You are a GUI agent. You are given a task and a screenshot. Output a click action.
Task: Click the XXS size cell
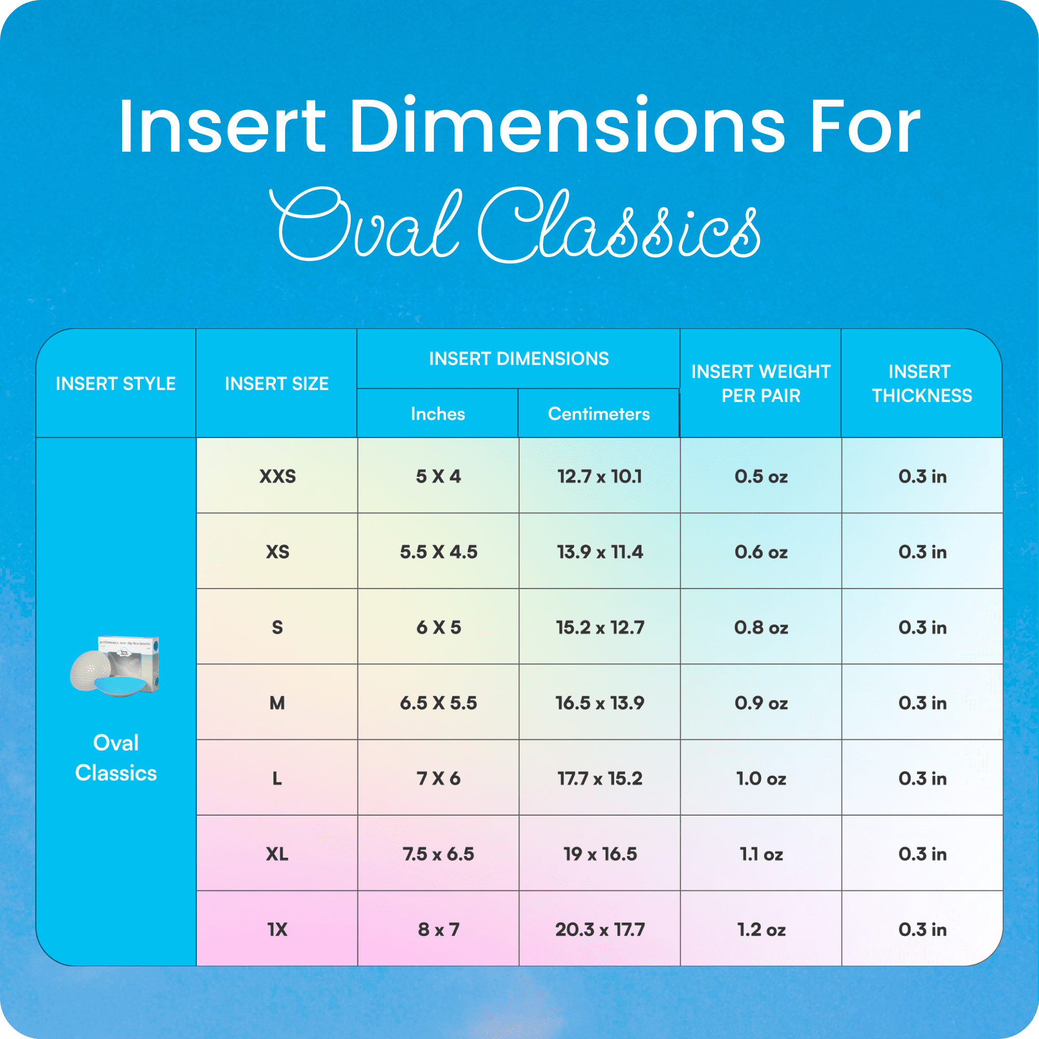pyautogui.click(x=277, y=476)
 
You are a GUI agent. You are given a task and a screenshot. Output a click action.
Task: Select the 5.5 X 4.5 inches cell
pyautogui.click(x=438, y=552)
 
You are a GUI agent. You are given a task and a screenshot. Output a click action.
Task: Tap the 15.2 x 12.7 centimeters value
pyautogui.click(x=600, y=628)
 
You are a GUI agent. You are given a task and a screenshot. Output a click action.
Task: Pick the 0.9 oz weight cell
pyautogui.click(x=761, y=703)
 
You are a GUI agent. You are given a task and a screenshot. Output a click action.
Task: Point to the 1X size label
pyautogui.click(x=277, y=930)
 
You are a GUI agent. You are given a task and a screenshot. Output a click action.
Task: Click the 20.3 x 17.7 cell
pyautogui.click(x=600, y=930)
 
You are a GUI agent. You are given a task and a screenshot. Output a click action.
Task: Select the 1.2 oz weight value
pyautogui.click(x=761, y=930)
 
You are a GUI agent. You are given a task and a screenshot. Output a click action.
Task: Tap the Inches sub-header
pyautogui.click(x=438, y=414)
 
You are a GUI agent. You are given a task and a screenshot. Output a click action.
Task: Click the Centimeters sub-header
pyautogui.click(x=598, y=414)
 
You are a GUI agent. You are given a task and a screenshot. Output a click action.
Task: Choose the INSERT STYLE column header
pyautogui.click(x=116, y=383)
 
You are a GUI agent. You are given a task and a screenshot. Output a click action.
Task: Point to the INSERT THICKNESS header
pyautogui.click(x=922, y=383)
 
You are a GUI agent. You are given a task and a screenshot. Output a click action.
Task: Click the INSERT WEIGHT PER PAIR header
pyautogui.click(x=761, y=383)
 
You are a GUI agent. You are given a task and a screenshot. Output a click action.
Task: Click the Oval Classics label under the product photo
pyautogui.click(x=116, y=758)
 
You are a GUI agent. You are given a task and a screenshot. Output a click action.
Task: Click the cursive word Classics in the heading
pyautogui.click(x=618, y=226)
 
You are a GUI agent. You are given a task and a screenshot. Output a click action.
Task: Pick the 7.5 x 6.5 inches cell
pyautogui.click(x=438, y=854)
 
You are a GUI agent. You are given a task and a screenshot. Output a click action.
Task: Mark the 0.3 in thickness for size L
pyautogui.click(x=922, y=779)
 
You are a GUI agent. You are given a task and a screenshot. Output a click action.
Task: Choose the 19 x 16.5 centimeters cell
pyautogui.click(x=600, y=854)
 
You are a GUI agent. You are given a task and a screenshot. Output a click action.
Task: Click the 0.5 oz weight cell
pyautogui.click(x=761, y=476)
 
